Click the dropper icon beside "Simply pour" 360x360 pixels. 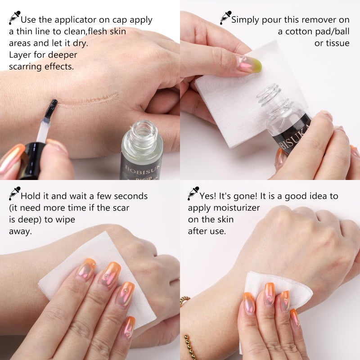click(226, 18)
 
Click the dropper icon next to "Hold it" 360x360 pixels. click(15, 193)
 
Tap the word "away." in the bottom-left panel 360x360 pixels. click(20, 231)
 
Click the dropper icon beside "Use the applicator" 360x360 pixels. click(15, 18)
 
